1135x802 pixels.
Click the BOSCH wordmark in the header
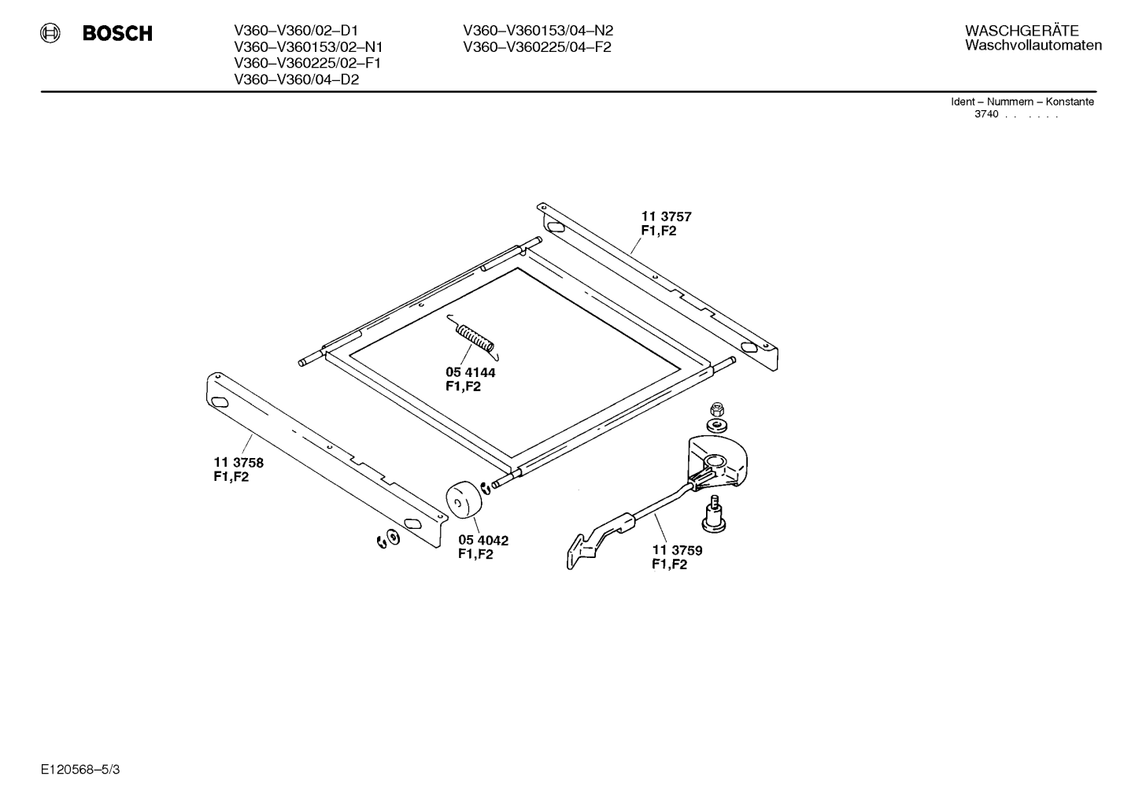pyautogui.click(x=117, y=33)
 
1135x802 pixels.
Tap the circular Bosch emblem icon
pyautogui.click(x=50, y=33)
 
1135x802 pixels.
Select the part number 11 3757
pyautogui.click(x=667, y=217)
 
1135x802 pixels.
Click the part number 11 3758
pyautogui.click(x=238, y=463)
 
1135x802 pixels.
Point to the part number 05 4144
pyautogui.click(x=471, y=372)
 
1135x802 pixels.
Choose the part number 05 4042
pyautogui.click(x=483, y=541)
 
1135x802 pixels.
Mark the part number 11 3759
pyautogui.click(x=678, y=550)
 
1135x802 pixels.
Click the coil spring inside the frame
pyautogui.click(x=474, y=338)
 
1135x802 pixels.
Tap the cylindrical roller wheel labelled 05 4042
pyautogui.click(x=464, y=500)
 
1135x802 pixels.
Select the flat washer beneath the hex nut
pyautogui.click(x=716, y=425)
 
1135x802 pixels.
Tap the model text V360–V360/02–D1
pyautogui.click(x=296, y=31)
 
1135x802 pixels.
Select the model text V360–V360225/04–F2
pyautogui.click(x=537, y=47)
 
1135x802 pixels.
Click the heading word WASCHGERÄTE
pyautogui.click(x=1022, y=31)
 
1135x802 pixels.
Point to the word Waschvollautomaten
pyautogui.click(x=1033, y=46)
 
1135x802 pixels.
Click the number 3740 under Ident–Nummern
pyautogui.click(x=986, y=114)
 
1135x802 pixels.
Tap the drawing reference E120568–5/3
pyautogui.click(x=80, y=770)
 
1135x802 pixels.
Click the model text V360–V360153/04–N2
pyautogui.click(x=538, y=31)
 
